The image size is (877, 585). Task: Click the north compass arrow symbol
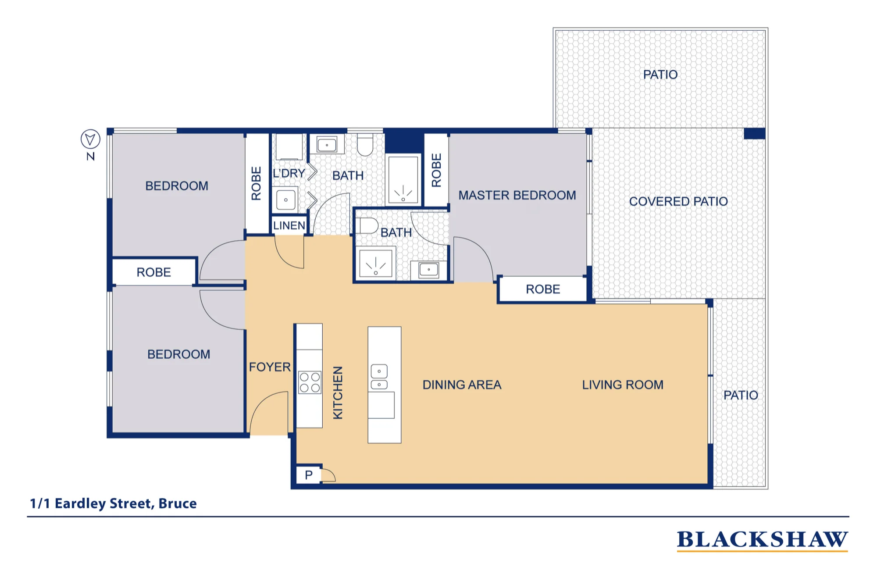click(90, 139)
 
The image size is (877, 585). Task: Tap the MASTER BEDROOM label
click(517, 195)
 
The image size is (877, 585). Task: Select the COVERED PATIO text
click(678, 201)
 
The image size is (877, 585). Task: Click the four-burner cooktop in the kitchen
click(310, 382)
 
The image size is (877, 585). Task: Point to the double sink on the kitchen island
click(379, 377)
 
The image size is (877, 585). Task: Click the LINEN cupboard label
click(289, 225)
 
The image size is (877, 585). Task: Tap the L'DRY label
click(289, 173)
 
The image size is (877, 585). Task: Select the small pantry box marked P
click(309, 475)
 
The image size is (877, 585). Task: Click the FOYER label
click(270, 367)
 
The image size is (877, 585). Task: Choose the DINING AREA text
click(462, 385)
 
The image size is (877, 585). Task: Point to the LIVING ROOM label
click(623, 385)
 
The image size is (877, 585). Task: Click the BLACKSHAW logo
click(763, 540)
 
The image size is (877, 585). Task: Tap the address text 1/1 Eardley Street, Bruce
click(113, 503)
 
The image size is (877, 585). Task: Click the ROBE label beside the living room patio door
click(543, 289)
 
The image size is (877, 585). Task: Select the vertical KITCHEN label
click(338, 392)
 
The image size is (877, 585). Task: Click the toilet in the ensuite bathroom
click(367, 225)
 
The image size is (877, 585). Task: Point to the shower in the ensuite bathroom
click(376, 262)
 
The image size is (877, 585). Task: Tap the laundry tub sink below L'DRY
click(286, 200)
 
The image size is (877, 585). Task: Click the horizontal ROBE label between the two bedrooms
click(153, 272)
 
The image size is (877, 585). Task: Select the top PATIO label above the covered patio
click(660, 75)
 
